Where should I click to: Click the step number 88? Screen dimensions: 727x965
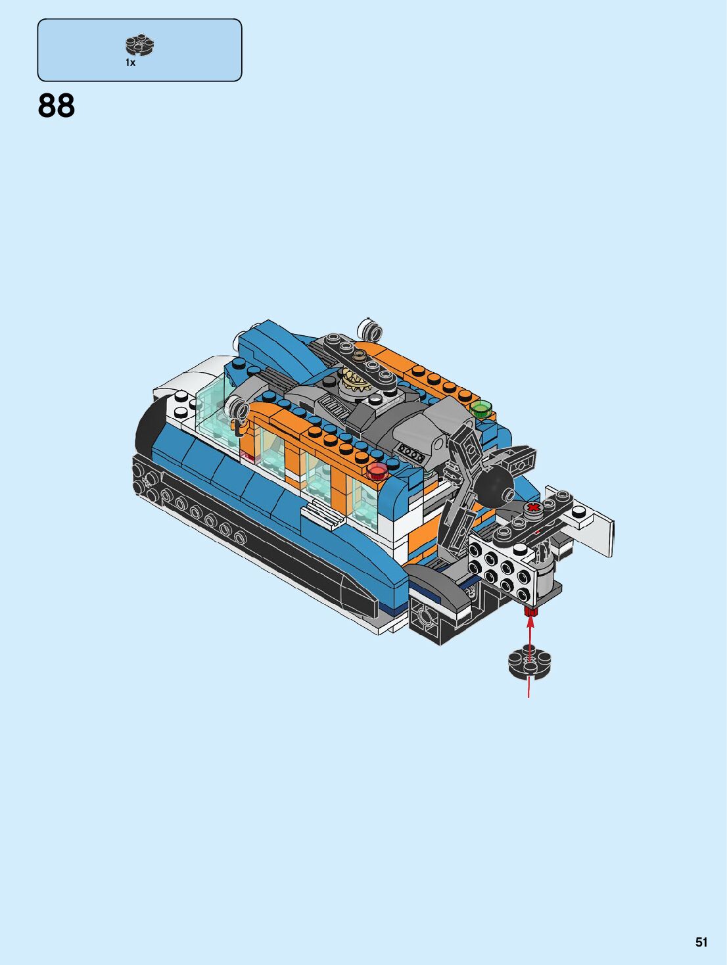[57, 106]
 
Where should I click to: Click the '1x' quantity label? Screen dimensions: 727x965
[130, 62]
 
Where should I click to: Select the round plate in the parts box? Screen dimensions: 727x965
[140, 45]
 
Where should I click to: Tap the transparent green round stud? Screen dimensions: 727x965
[481, 409]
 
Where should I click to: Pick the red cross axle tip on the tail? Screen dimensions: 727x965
[534, 509]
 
